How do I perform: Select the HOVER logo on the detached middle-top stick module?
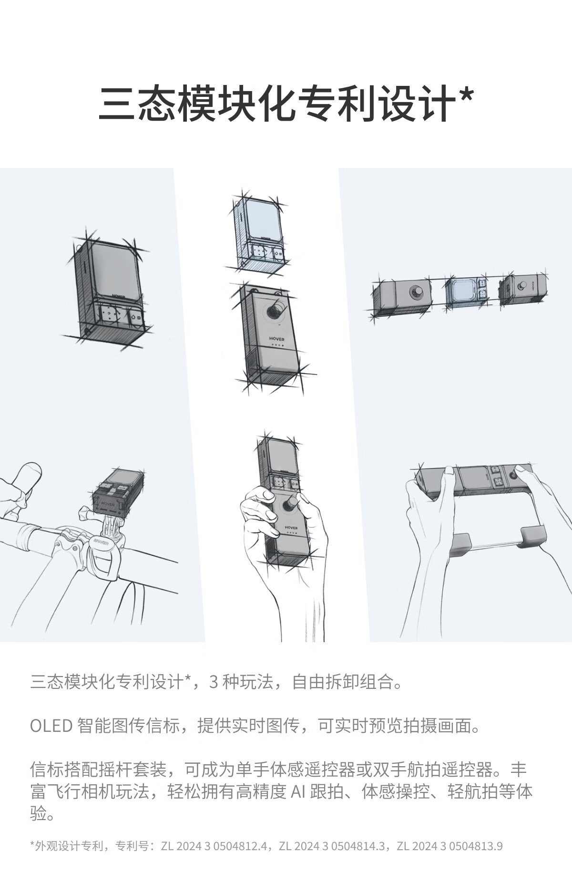[276, 339]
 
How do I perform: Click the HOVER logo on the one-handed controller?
[290, 528]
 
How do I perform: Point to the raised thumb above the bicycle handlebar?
[26, 479]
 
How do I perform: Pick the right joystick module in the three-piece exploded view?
[522, 290]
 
